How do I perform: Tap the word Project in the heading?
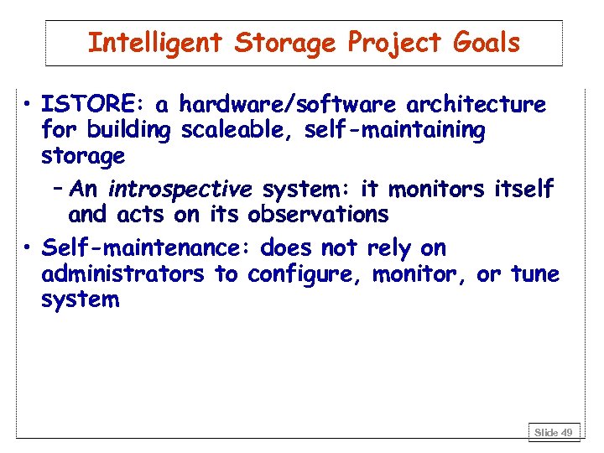coord(377,44)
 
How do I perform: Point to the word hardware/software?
coord(289,105)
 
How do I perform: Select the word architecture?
coord(476,105)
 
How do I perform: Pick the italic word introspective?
coord(180,190)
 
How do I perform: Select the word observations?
coord(318,215)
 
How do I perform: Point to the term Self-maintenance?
coord(147,248)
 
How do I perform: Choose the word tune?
coord(534,274)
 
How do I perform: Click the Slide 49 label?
coord(555,432)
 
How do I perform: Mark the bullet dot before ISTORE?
coord(29,106)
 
